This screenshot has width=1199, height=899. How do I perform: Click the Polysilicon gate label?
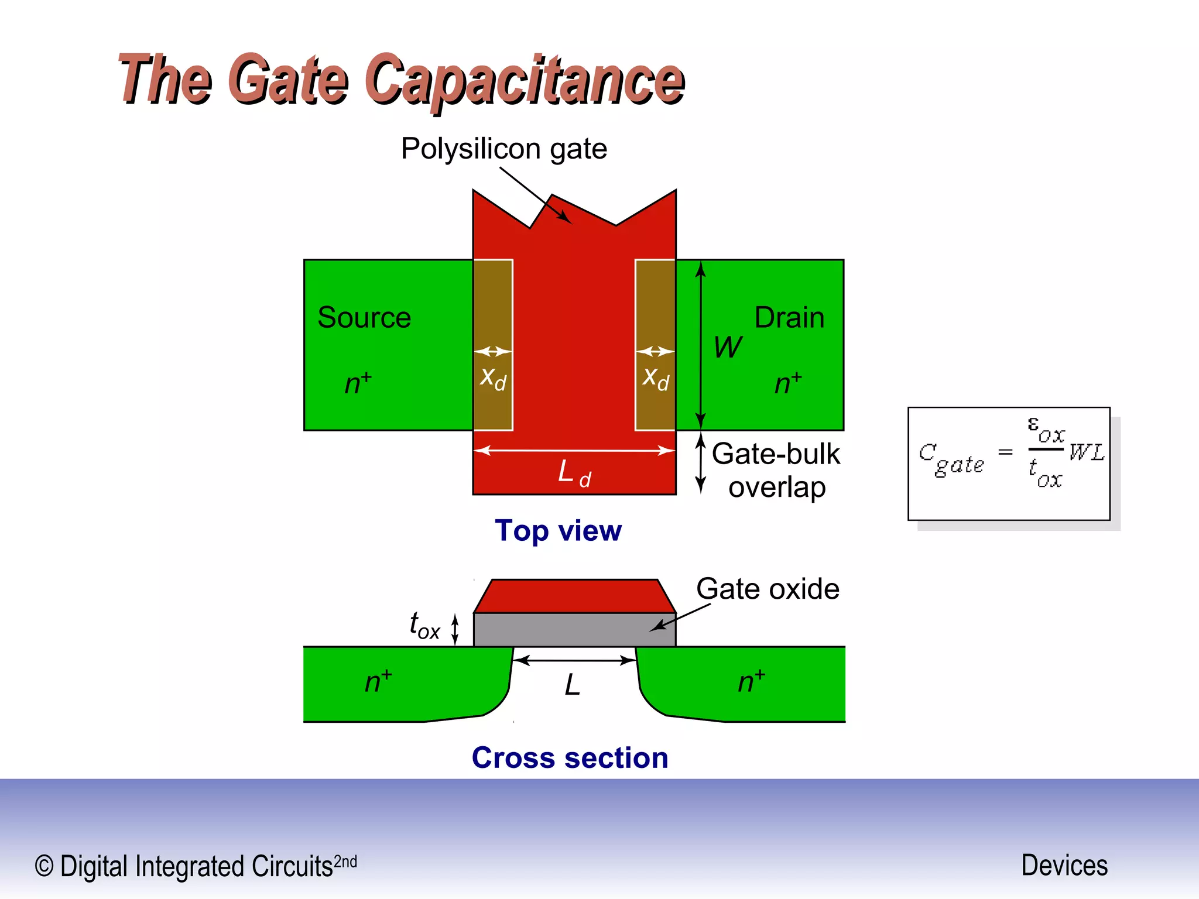[503, 149]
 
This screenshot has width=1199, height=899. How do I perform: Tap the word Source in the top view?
[364, 318]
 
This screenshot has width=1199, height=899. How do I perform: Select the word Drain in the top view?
[789, 318]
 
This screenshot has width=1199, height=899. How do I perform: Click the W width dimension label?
[727, 348]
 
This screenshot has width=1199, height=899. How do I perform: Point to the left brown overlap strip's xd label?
[493, 378]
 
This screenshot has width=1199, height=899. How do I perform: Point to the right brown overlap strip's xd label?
[655, 378]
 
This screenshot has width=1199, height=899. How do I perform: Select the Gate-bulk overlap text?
[776, 471]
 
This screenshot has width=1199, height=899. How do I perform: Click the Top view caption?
[558, 531]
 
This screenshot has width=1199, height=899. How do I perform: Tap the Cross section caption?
[570, 758]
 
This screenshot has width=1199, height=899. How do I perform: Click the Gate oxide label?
[767, 589]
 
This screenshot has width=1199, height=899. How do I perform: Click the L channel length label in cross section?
[573, 685]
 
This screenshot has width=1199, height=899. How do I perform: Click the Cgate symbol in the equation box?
[950, 459]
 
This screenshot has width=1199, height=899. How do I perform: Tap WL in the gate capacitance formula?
[1086, 452]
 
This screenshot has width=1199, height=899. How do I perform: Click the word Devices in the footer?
[1064, 866]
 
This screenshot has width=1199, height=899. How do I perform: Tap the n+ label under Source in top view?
[357, 383]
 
